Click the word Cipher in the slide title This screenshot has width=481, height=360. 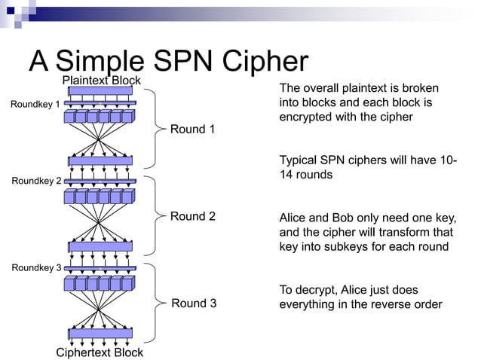tap(268, 61)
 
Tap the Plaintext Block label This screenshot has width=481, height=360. tap(101, 80)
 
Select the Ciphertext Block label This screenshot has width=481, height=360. tap(100, 352)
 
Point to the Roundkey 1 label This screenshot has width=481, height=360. tap(35, 104)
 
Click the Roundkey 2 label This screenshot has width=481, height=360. tap(36, 181)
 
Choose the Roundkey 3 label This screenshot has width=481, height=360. tap(36, 267)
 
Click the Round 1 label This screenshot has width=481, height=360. tap(192, 129)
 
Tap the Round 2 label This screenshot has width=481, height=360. tap(192, 216)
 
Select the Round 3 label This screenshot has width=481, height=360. tap(194, 303)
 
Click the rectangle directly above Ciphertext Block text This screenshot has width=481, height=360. tap(100, 333)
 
